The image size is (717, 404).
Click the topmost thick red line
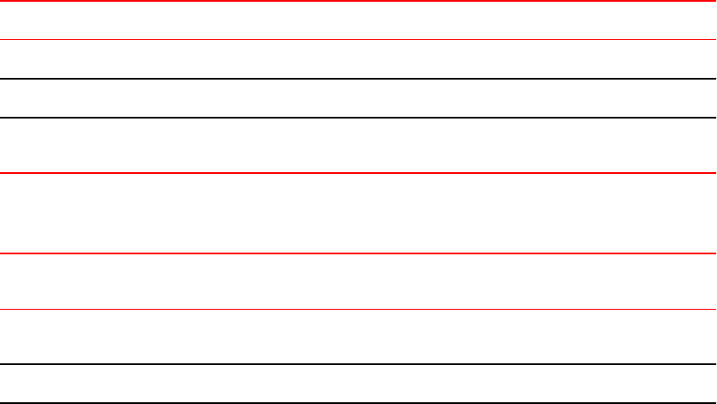(358, 1)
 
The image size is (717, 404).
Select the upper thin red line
(358, 39)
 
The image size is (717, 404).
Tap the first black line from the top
(358, 79)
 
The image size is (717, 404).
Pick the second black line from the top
(358, 117)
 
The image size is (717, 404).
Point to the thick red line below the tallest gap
(358, 253)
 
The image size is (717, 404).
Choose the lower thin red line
(358, 309)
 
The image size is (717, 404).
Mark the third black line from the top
(358, 364)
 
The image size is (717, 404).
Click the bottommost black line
(358, 402)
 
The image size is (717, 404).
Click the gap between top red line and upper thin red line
(358, 20)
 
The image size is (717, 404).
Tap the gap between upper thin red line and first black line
(358, 59)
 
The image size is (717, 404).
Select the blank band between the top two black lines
(358, 98)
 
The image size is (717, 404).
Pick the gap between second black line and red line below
(358, 145)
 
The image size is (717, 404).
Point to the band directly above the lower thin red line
(358, 281)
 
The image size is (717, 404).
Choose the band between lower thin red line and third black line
(358, 337)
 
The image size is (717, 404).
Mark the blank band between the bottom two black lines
(358, 383)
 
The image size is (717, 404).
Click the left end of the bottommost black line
(3, 402)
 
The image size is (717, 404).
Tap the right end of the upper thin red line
(714, 39)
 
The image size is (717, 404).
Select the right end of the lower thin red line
(714, 309)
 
